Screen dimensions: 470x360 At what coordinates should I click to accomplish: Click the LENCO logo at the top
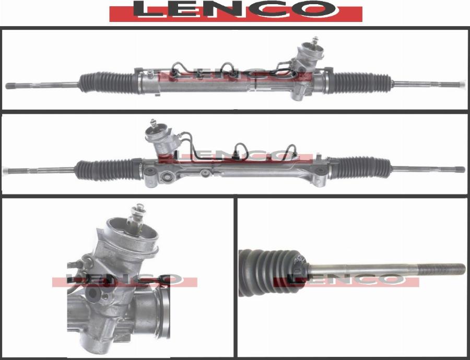coord(236,11)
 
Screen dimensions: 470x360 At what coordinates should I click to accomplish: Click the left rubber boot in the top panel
coord(109,83)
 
